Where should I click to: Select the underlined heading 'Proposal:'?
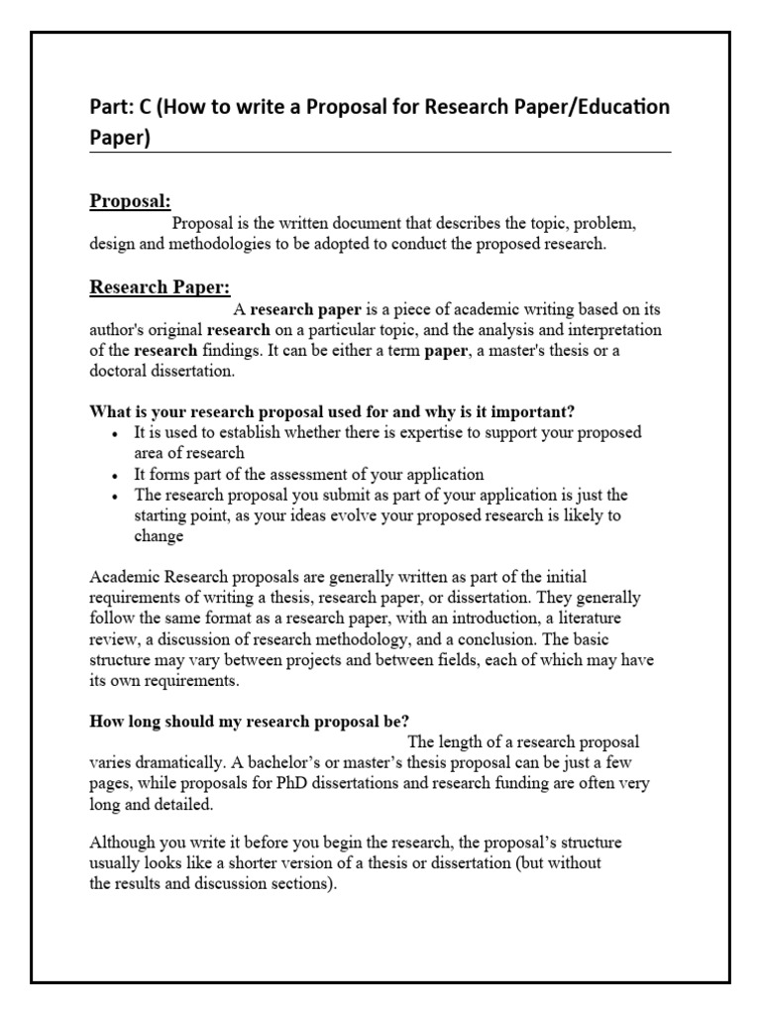[x=131, y=201]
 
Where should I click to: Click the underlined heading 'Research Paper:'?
[x=160, y=287]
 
